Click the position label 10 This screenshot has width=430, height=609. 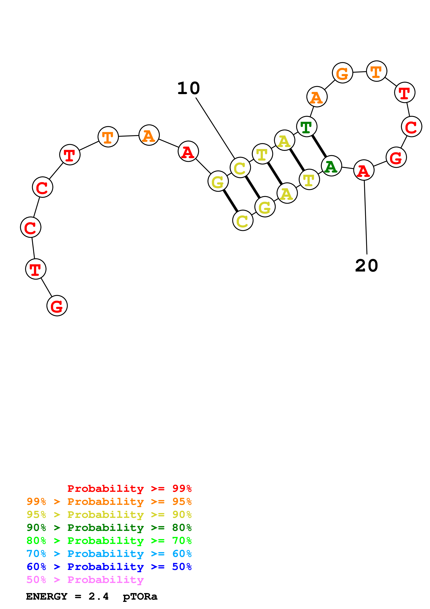pos(188,88)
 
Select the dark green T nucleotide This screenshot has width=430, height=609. pos(306,127)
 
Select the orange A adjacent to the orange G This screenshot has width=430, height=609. pos(317,97)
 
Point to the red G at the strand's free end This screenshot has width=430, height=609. pos(57,306)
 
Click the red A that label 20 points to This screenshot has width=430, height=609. pos(364,170)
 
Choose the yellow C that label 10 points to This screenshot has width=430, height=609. pos(240,168)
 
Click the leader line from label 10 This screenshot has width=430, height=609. pos(215,128)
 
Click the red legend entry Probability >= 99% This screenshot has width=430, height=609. pos(129,489)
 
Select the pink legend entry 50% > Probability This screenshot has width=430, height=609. pos(85,580)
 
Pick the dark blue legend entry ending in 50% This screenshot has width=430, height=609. pos(109,567)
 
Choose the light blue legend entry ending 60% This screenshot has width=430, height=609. pos(109,554)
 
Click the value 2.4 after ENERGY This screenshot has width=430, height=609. pos(99,597)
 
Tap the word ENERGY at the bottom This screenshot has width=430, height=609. pos(47,597)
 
